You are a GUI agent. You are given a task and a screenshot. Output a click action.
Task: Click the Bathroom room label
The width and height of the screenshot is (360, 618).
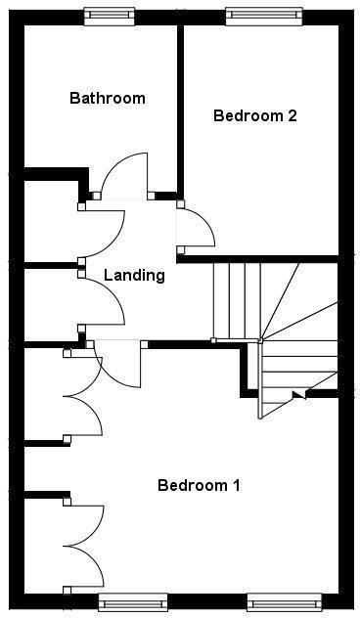tap(108, 98)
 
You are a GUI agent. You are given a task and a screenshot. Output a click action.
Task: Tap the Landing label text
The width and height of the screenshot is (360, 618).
tap(134, 275)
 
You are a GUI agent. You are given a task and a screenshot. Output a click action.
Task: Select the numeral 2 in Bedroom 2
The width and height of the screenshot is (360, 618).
tap(292, 115)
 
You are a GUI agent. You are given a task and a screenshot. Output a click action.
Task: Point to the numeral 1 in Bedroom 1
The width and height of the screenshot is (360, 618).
tap(236, 485)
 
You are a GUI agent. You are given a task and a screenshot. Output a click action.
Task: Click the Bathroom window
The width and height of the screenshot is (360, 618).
tap(109, 16)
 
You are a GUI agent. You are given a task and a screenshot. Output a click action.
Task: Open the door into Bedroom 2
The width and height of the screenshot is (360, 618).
tap(199, 229)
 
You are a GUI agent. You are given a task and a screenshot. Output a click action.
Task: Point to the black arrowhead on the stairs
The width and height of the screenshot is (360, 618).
tap(299, 395)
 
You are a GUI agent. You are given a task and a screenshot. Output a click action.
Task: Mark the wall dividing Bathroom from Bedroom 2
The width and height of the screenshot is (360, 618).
tap(180, 108)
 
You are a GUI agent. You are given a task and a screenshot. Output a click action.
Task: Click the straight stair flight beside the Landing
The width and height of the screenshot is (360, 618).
tap(236, 298)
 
